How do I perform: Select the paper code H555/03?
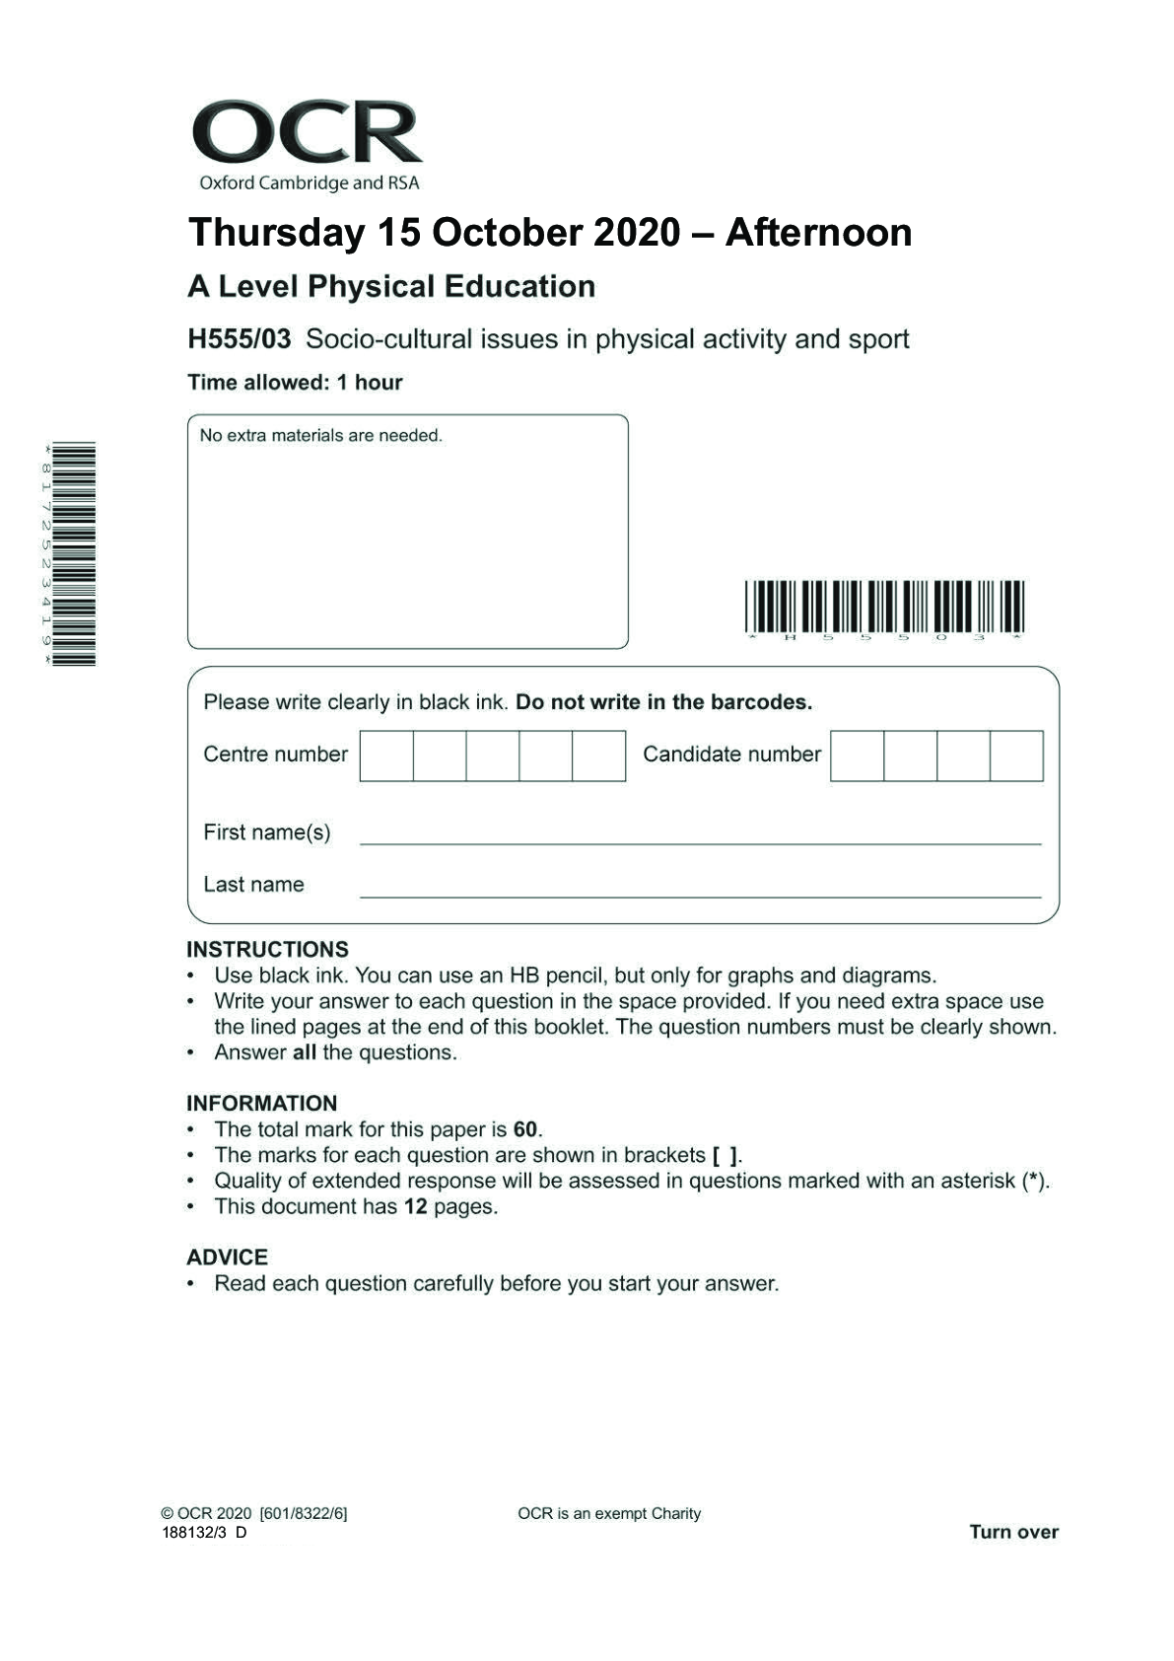[x=240, y=339]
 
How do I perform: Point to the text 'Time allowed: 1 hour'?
[x=295, y=383]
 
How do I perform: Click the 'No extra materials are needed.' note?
[x=320, y=436]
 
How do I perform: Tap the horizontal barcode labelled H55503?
[x=884, y=608]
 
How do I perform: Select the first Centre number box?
[x=386, y=757]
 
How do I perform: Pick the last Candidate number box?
[x=1016, y=757]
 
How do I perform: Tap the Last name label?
[x=253, y=885]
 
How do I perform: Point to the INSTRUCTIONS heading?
[x=267, y=950]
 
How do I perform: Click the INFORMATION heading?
[x=261, y=1104]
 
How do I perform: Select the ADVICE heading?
[x=227, y=1258]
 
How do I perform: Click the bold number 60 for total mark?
[x=525, y=1130]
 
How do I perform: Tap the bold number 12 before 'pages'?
[x=415, y=1207]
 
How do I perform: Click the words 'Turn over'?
[x=1013, y=1532]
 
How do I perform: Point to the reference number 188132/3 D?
[x=204, y=1533]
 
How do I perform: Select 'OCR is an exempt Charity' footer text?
[x=609, y=1514]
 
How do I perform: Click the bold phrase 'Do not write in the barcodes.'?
[x=664, y=703]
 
